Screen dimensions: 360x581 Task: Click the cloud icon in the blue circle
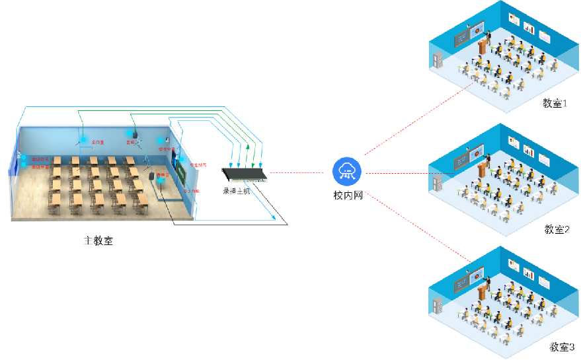click(x=347, y=172)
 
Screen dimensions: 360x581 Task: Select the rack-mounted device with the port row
click(x=245, y=174)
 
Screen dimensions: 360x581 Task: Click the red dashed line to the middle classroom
click(x=410, y=174)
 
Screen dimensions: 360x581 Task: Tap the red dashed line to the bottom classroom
click(x=416, y=225)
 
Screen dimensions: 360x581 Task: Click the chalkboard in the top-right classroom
click(x=462, y=39)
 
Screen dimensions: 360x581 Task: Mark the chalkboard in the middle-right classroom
click(x=462, y=161)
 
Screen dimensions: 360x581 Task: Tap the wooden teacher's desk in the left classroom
click(x=152, y=178)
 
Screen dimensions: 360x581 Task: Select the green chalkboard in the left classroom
click(x=178, y=174)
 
